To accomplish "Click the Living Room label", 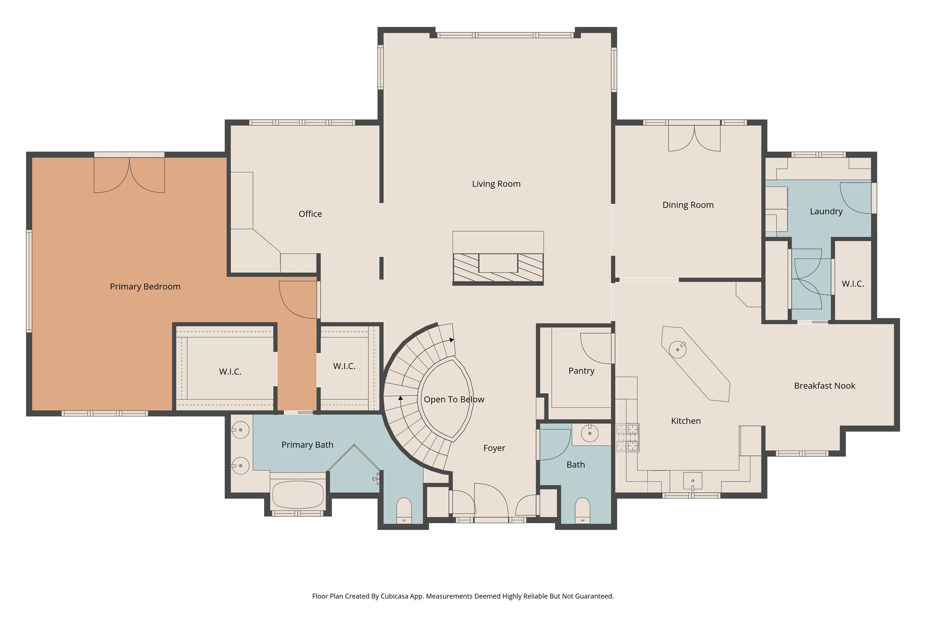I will click(x=496, y=184).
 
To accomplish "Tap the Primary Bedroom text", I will click(x=145, y=286).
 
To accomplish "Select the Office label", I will click(x=310, y=214).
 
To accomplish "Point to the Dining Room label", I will click(x=688, y=205).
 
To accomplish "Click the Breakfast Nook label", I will click(x=825, y=386).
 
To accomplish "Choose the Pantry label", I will click(x=581, y=370).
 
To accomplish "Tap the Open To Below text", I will click(x=454, y=399).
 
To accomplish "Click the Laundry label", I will click(x=826, y=211).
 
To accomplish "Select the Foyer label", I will click(x=494, y=448).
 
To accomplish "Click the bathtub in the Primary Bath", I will click(x=298, y=494).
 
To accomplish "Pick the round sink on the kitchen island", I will click(x=677, y=349).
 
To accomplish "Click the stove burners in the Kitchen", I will click(x=627, y=437).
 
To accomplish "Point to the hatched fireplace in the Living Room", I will click(x=498, y=268).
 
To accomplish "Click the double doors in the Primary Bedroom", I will click(x=129, y=175).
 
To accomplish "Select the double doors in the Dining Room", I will click(x=694, y=138).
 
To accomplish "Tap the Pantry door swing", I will click(x=596, y=348).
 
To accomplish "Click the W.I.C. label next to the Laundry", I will click(x=853, y=284).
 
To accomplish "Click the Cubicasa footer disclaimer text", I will click(x=463, y=596).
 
